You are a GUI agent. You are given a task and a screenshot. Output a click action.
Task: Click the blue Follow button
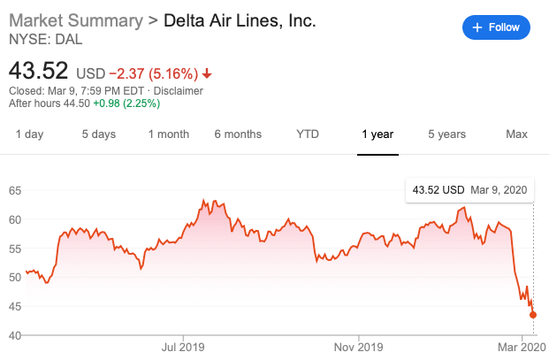496,27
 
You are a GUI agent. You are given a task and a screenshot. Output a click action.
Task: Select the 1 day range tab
29,134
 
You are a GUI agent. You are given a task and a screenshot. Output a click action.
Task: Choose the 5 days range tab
99,134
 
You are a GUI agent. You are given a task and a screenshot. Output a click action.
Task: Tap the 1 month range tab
168,134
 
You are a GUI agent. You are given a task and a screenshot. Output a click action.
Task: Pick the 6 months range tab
238,134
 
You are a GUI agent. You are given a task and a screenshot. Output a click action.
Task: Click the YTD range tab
308,134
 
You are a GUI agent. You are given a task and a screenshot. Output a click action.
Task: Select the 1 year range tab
377,134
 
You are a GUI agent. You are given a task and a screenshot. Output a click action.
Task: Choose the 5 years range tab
446,134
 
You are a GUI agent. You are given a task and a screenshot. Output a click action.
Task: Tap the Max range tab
516,134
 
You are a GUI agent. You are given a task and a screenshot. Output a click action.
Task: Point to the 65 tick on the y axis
15,190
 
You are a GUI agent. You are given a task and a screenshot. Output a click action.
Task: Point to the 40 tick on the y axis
15,335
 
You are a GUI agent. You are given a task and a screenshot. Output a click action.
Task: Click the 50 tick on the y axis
15,278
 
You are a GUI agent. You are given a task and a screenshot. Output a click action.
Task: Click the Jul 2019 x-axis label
184,347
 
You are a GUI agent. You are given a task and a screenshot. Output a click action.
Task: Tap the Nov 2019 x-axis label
359,347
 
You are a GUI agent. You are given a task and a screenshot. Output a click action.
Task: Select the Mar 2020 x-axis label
522,347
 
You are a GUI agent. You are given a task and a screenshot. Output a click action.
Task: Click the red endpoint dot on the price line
533,315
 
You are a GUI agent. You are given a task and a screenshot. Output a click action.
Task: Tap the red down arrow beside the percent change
207,73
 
